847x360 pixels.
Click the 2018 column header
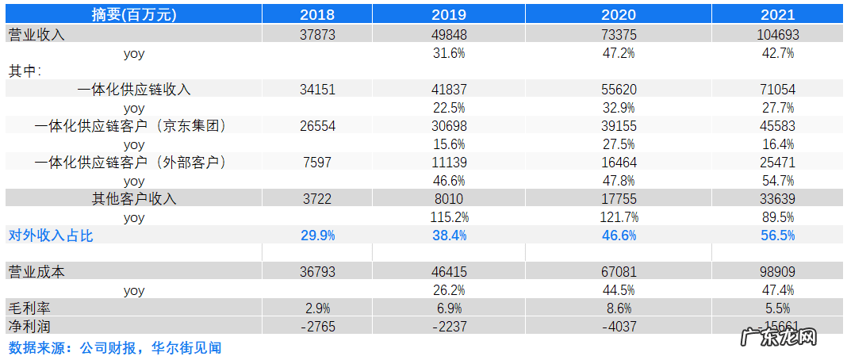[319, 14]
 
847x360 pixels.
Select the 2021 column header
[778, 14]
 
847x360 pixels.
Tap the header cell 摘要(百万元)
[134, 14]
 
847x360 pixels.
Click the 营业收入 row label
[36, 34]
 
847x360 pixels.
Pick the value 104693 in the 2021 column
[778, 34]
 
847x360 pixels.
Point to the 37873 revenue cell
[319, 34]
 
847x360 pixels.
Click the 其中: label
[25, 71]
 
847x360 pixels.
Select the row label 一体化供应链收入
[134, 90]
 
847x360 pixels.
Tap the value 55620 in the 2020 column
[619, 90]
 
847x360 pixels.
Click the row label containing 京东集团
[132, 126]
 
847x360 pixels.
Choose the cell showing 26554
[319, 126]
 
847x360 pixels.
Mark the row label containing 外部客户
[132, 163]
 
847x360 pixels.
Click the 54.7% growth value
[778, 181]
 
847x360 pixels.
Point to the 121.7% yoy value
[619, 217]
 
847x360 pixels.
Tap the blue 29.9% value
[319, 236]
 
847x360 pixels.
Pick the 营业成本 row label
[36, 272]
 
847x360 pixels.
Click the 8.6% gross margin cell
[619, 308]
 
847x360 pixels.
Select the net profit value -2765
[319, 326]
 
